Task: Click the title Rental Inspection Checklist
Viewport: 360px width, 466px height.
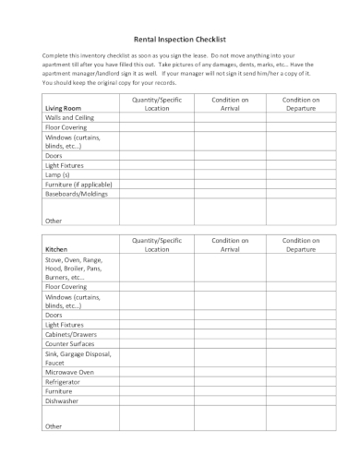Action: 180,40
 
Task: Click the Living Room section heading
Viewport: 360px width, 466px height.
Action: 64,108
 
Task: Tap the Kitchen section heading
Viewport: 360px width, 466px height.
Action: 55,249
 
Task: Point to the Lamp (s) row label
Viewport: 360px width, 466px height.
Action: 60,173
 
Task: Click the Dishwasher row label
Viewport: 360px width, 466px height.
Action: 63,400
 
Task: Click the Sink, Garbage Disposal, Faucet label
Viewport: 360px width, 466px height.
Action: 78,357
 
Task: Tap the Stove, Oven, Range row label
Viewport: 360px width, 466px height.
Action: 74,268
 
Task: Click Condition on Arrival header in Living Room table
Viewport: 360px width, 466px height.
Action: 230,103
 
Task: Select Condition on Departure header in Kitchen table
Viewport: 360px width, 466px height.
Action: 301,245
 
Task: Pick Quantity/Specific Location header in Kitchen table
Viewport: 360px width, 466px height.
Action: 158,245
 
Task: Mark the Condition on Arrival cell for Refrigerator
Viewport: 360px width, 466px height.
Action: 230,381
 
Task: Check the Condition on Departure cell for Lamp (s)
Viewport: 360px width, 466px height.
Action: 301,173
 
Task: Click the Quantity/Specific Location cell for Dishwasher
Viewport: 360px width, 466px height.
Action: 158,400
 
